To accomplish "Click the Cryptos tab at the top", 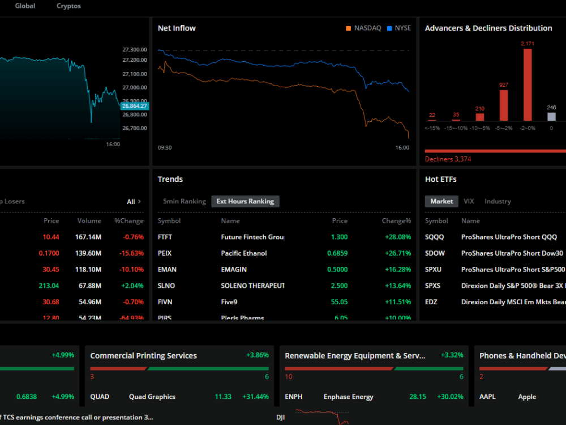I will [x=68, y=6].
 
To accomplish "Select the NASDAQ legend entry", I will [x=367, y=28].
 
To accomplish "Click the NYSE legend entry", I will [x=402, y=28].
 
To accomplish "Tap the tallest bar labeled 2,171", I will [x=528, y=84].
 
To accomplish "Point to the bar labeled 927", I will [x=504, y=105].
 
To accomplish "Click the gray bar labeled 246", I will [x=551, y=116].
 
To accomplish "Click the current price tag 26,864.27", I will [x=135, y=106].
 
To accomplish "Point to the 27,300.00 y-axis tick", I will [x=135, y=50].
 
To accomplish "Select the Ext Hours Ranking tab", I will [x=245, y=201].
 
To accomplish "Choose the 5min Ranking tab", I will [x=184, y=201].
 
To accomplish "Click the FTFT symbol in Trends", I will [x=166, y=237].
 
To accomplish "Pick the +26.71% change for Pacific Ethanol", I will [x=396, y=253].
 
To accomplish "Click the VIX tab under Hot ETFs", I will [x=469, y=201].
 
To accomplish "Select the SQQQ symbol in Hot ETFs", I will [x=435, y=237].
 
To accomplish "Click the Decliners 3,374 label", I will [x=448, y=159].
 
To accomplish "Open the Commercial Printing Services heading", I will [x=143, y=356].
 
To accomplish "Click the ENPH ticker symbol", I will [x=294, y=397].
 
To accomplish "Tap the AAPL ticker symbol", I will [x=487, y=397].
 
